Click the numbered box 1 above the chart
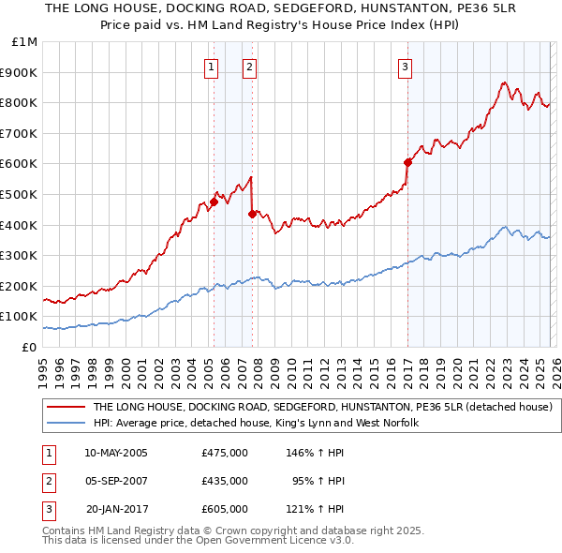click(211, 67)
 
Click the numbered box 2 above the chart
click(250, 67)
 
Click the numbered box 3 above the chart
click(405, 67)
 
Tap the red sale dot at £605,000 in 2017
click(407, 162)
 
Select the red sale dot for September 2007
click(252, 214)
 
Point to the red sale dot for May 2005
click(214, 202)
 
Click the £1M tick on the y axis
click(25, 42)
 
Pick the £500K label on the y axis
click(22, 195)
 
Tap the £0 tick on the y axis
click(29, 347)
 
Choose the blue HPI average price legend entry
click(255, 424)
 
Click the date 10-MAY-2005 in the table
click(116, 453)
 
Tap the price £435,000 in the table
click(225, 481)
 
